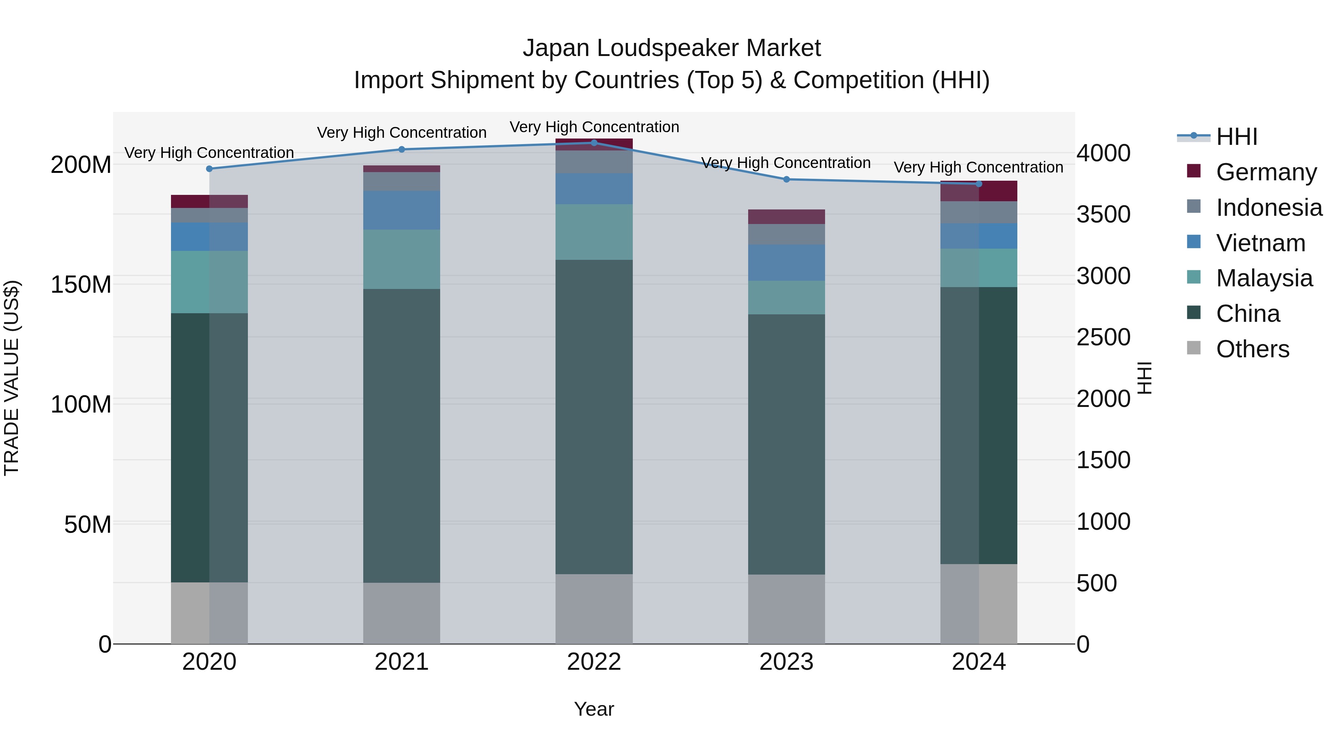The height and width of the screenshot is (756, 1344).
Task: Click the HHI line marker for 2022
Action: [x=594, y=143]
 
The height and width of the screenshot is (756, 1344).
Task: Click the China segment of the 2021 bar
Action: [x=401, y=436]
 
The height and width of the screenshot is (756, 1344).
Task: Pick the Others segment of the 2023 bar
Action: [x=786, y=609]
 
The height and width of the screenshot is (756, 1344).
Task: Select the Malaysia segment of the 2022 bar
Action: [x=594, y=232]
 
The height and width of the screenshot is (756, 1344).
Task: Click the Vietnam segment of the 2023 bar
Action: [x=786, y=263]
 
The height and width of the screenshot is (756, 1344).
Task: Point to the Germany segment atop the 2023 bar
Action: [x=786, y=217]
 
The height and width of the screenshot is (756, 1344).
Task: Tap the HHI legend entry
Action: [x=1236, y=137]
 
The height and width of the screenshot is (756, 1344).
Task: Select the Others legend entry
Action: [x=1252, y=349]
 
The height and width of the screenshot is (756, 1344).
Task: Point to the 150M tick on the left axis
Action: [x=81, y=285]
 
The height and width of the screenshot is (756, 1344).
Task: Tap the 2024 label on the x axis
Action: [x=978, y=662]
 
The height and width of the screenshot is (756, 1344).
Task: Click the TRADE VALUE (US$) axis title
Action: [x=12, y=378]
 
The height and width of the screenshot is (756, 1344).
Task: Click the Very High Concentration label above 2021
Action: [x=401, y=133]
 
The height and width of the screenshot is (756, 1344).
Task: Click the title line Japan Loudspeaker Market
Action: [x=672, y=48]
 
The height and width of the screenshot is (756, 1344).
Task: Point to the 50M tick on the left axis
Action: [x=87, y=525]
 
